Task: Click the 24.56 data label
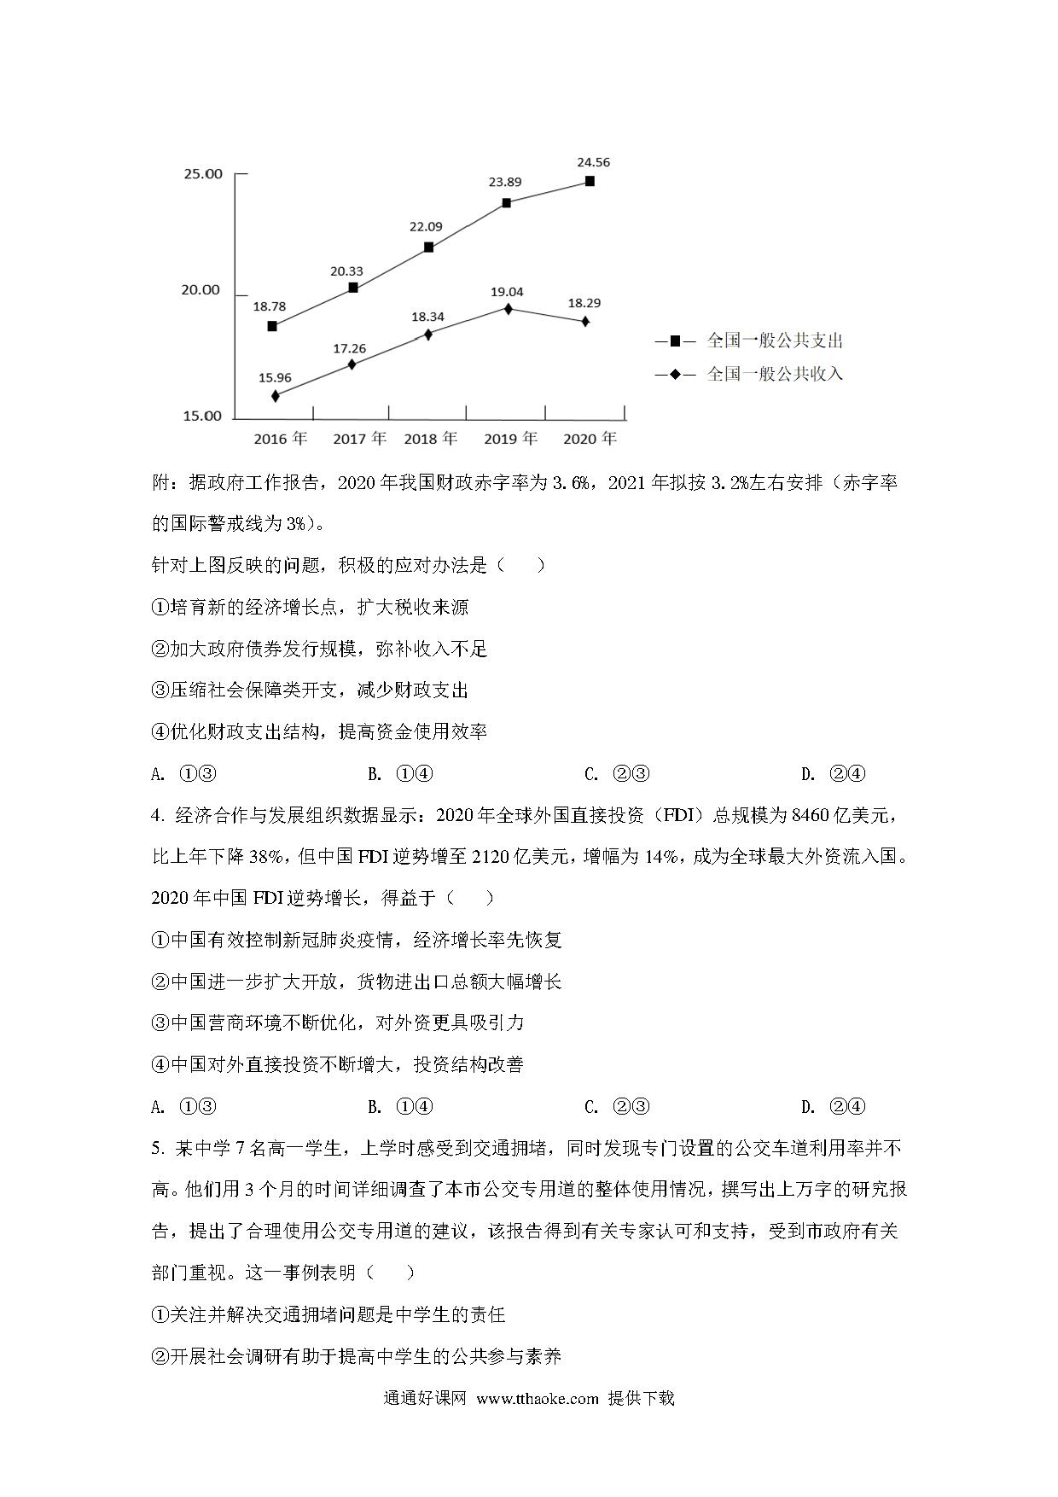593,162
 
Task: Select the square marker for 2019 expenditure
506,203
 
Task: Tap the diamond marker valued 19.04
508,309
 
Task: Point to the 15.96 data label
275,377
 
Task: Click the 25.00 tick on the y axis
202,174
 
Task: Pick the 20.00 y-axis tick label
202,290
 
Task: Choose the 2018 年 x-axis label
431,439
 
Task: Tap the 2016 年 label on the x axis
281,439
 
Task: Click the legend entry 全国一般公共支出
775,341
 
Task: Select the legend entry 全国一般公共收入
775,374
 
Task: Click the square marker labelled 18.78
272,326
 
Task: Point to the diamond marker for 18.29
585,321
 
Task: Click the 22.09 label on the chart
427,226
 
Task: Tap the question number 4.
156,816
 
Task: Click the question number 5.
156,1149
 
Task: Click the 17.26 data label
349,348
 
